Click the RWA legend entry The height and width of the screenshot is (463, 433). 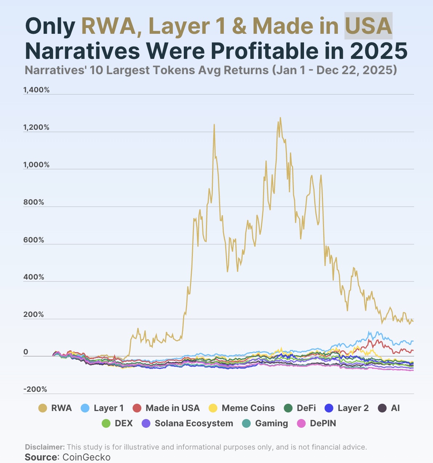coord(55,408)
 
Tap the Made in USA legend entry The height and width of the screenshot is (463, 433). coord(166,408)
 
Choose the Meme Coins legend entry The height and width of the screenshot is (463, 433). coord(242,408)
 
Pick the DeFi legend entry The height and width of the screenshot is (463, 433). coord(299,408)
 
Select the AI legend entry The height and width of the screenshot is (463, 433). coord(389,408)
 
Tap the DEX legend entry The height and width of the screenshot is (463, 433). coord(117,423)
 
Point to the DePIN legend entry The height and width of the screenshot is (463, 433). coord(316,423)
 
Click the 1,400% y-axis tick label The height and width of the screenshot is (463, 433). coord(36,90)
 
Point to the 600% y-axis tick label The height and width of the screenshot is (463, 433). coord(33,240)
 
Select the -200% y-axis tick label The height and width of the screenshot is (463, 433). coord(35,390)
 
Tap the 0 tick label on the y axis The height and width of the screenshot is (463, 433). coord(26,352)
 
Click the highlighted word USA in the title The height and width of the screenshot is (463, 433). coord(368,26)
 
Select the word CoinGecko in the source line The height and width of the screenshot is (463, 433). coord(86,457)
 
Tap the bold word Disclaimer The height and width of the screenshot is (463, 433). coord(45,447)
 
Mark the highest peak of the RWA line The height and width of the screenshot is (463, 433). coord(280,117)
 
